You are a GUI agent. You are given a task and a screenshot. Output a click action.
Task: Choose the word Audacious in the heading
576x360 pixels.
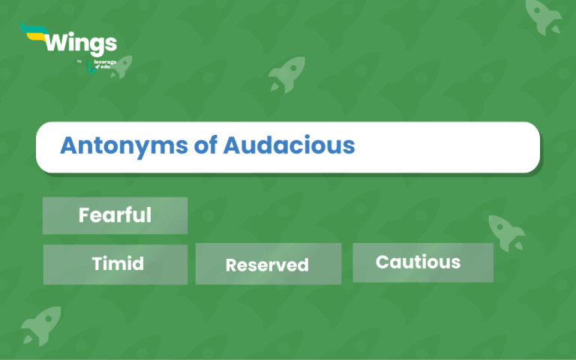[x=289, y=145]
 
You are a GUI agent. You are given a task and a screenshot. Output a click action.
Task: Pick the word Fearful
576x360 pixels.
[x=115, y=216]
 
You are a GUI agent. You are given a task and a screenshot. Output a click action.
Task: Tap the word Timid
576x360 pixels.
[x=118, y=264]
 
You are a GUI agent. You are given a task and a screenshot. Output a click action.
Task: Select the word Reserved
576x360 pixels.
[x=267, y=265]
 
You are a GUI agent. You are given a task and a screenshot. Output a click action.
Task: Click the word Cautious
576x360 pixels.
[x=418, y=262]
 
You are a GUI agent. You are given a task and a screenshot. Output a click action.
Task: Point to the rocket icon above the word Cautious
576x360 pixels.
[x=505, y=231]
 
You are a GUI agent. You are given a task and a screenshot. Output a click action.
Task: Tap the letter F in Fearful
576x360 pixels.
[x=84, y=216]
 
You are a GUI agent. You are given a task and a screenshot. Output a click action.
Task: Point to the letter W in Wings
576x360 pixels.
[x=56, y=41]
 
